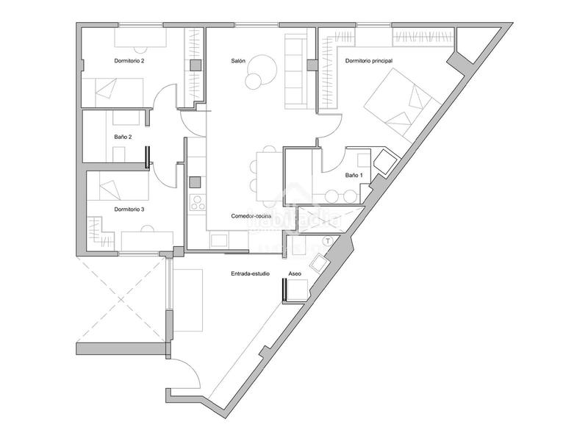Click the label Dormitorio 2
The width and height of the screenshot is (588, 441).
129,60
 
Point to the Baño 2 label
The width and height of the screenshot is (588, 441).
123,137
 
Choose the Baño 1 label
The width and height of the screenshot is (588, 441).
353,176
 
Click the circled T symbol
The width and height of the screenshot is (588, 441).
328,240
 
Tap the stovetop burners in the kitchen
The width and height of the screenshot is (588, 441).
196,203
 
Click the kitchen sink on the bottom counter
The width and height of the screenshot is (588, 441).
219,240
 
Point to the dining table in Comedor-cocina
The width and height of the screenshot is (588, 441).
268,175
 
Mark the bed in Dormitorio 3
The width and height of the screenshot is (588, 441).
118,189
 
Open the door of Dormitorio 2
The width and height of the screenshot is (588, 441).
167,96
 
